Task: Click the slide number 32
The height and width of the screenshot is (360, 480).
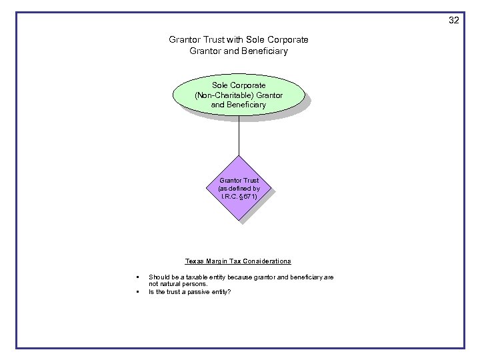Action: pyautogui.click(x=453, y=20)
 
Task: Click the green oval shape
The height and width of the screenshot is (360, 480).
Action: pyautogui.click(x=239, y=95)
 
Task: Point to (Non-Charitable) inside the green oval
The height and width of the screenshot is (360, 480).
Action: pyautogui.click(x=221, y=95)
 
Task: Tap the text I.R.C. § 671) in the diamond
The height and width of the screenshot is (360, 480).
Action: pyautogui.click(x=239, y=197)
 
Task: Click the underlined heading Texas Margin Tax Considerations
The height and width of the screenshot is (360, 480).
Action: pyautogui.click(x=238, y=261)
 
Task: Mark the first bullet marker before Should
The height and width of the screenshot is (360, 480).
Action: pyautogui.click(x=136, y=277)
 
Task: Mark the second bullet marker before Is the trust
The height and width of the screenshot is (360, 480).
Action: pyautogui.click(x=136, y=292)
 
